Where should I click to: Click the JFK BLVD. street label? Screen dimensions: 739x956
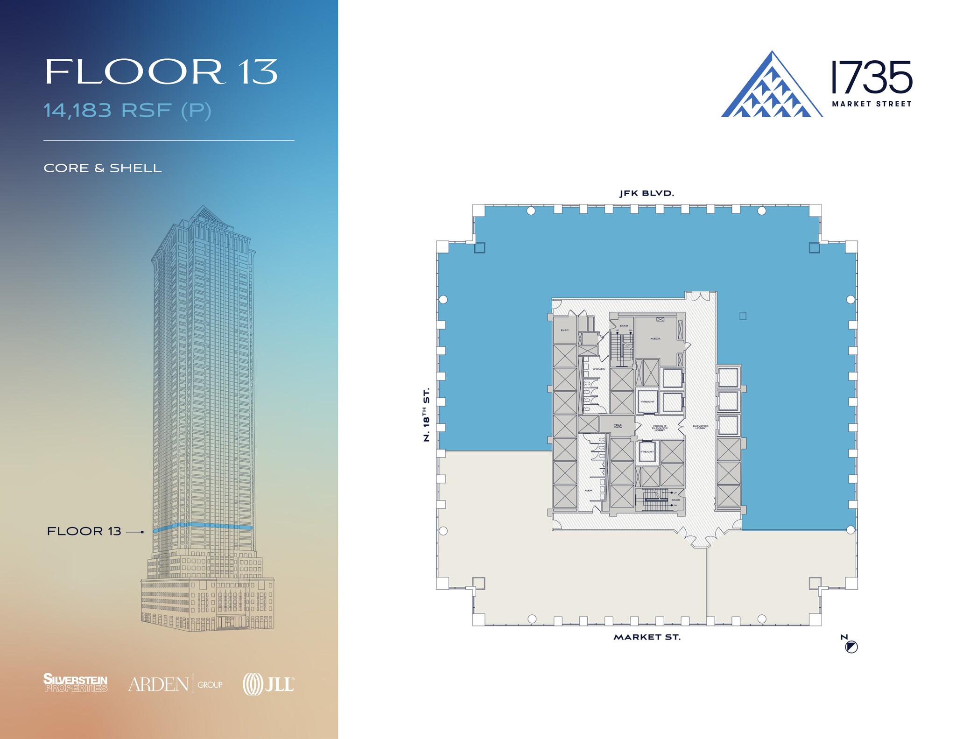click(647, 193)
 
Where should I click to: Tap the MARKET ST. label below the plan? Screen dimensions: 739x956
click(647, 637)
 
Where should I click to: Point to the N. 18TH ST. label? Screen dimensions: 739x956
click(426, 415)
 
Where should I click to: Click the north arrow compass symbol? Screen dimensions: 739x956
click(851, 647)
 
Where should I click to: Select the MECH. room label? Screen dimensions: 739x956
click(655, 338)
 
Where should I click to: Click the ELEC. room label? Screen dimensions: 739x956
click(565, 330)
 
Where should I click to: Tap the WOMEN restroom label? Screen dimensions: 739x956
click(598, 369)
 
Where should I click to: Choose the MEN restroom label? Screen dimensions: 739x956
click(588, 490)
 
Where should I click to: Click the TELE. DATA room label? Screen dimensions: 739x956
click(618, 426)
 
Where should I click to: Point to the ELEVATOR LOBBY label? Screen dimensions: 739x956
click(700, 427)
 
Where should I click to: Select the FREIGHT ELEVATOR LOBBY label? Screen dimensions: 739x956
click(660, 428)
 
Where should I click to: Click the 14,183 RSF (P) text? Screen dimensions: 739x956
click(127, 111)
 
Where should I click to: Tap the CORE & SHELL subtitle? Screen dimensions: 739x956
click(103, 168)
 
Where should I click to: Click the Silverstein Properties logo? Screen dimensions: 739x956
click(76, 683)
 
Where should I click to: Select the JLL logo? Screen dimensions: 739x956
click(268, 684)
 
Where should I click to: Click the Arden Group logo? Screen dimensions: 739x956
click(176, 684)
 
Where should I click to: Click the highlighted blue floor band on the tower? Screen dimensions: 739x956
click(204, 527)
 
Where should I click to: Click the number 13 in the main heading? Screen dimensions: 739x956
click(258, 72)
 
